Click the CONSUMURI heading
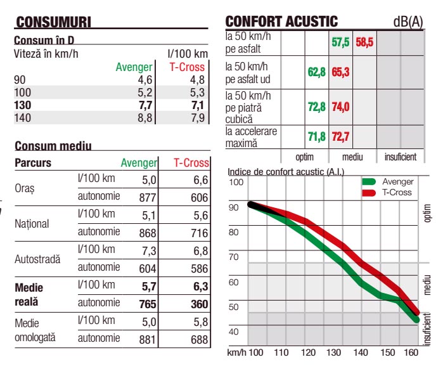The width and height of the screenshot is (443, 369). pos(54,22)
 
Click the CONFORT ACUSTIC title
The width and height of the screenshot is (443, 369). pos(282,22)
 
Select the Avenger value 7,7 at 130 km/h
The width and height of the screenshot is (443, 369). pos(144,105)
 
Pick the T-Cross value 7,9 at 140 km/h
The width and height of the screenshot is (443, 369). pos(196,117)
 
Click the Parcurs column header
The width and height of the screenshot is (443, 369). pos(33,163)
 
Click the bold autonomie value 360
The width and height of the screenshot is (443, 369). pos(199,304)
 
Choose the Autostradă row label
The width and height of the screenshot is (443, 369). pos(37,259)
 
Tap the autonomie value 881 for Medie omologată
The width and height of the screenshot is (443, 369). pos(147,340)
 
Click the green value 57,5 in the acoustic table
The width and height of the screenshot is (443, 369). pos(340,43)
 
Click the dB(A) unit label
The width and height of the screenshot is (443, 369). pos(408,22)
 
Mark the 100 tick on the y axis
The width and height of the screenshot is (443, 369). pos(236,183)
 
